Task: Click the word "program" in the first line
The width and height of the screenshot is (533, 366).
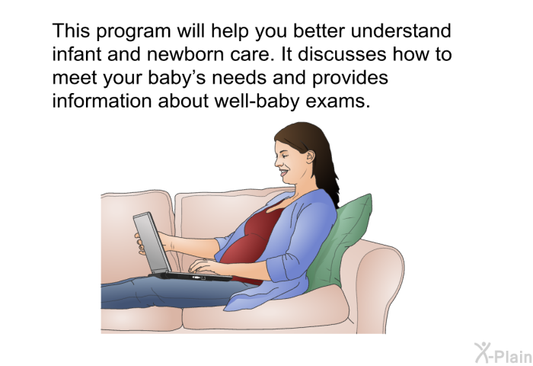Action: (133, 32)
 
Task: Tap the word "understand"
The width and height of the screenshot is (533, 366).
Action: (401, 30)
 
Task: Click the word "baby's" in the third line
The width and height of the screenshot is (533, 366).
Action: (177, 79)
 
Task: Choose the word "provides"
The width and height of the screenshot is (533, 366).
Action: (350, 79)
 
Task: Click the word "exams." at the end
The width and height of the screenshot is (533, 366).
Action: (337, 101)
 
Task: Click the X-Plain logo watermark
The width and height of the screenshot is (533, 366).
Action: (503, 353)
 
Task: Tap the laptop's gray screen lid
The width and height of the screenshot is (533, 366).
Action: (152, 243)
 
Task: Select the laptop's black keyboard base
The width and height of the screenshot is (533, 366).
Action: (191, 276)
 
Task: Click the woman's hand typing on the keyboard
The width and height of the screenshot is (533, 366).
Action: (203, 265)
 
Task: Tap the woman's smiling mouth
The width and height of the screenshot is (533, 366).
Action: (282, 172)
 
